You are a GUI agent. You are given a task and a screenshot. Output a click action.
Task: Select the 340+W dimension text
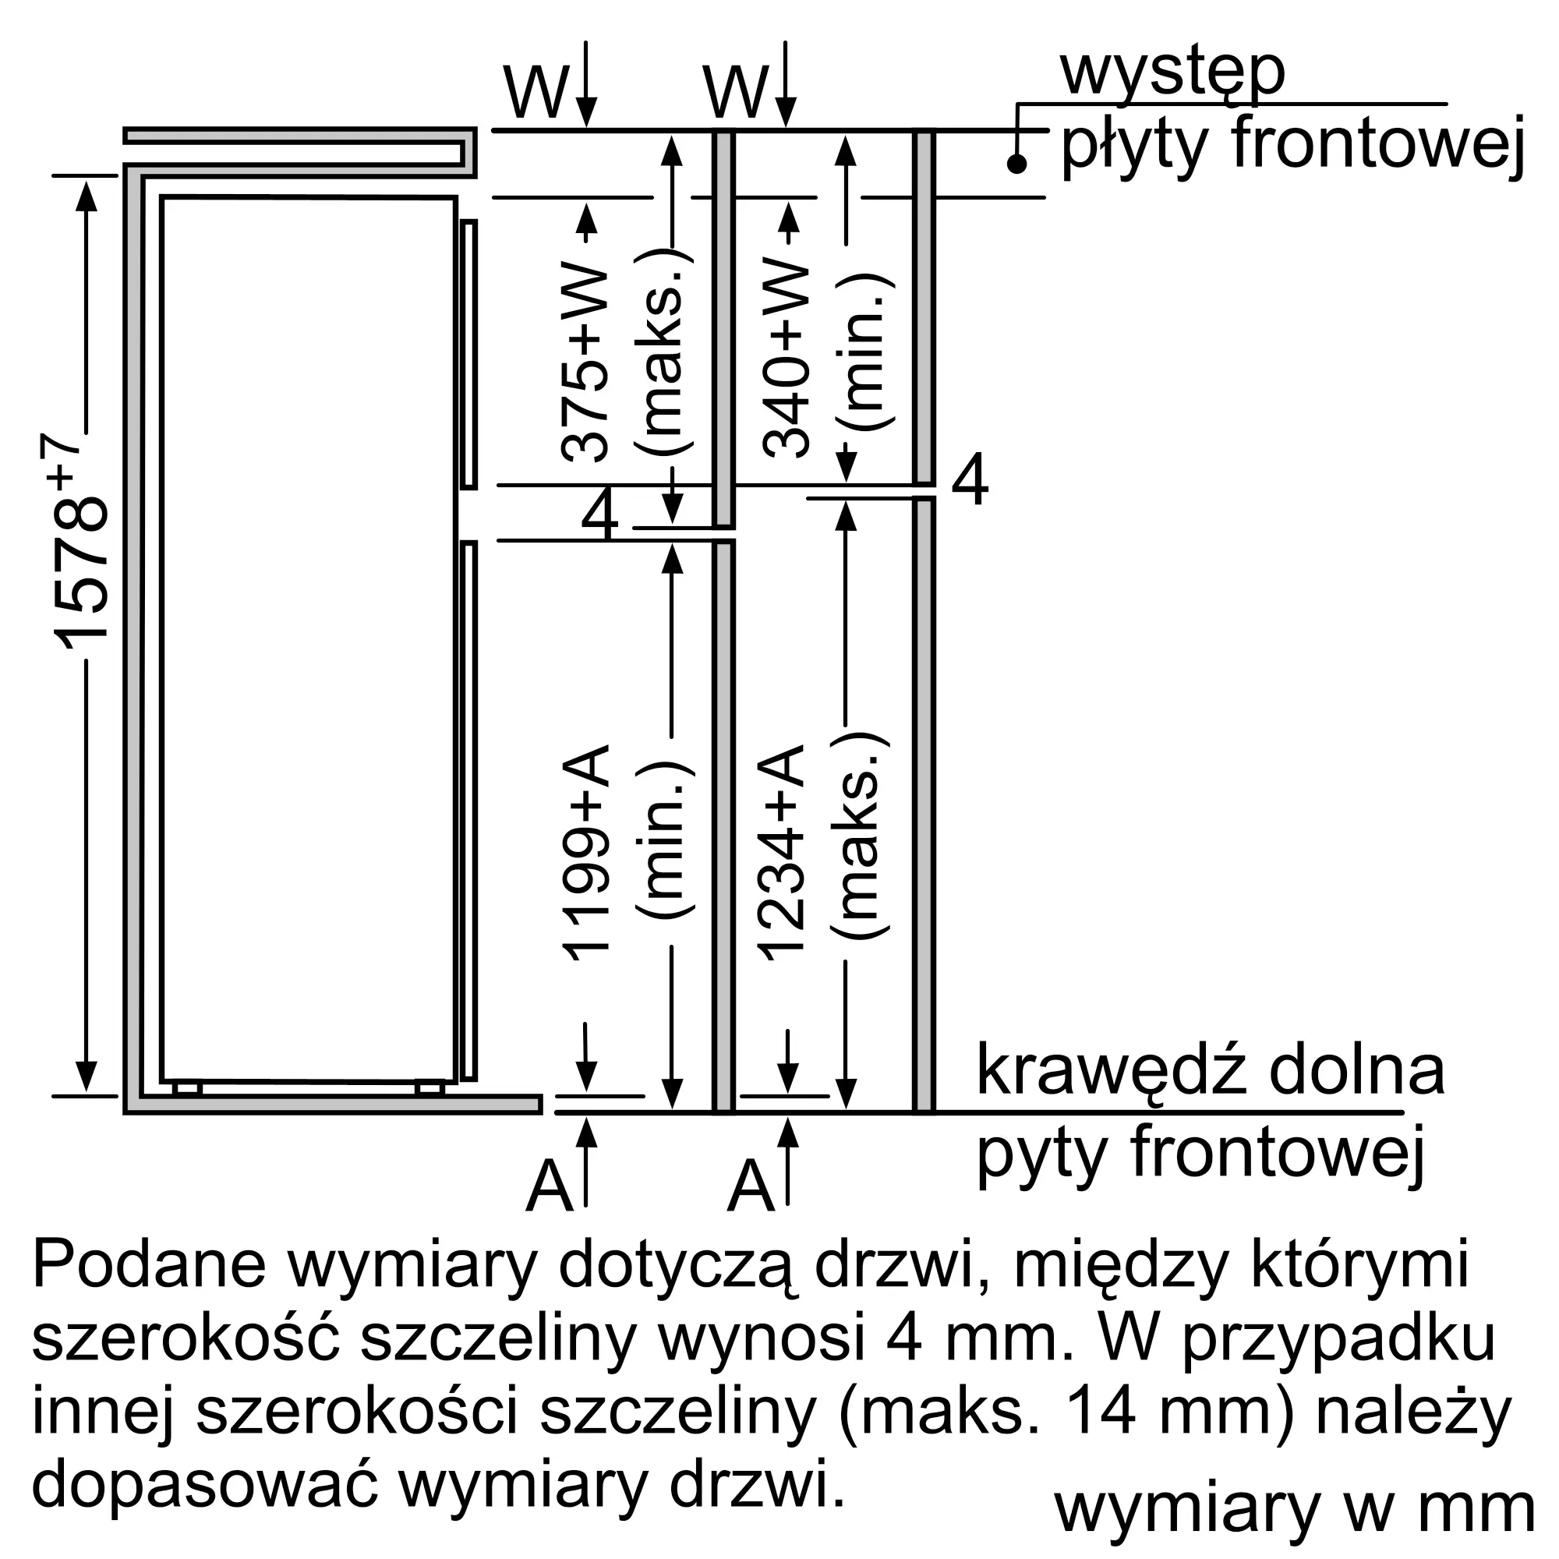pos(786,359)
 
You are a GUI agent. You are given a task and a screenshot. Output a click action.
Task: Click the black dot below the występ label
pos(1016,164)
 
